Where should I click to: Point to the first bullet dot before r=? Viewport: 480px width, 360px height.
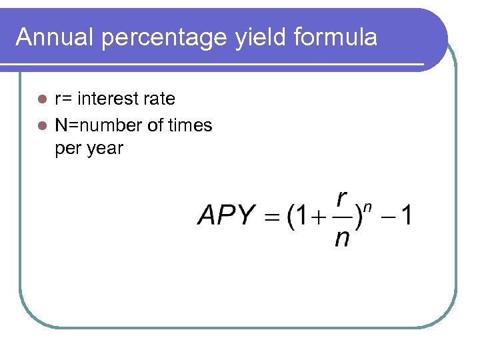click(42, 99)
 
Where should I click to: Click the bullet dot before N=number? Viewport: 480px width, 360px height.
click(42, 125)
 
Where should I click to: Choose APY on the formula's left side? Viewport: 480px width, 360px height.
click(227, 215)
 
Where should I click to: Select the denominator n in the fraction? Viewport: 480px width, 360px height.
click(342, 237)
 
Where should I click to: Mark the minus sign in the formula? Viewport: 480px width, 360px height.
click(387, 216)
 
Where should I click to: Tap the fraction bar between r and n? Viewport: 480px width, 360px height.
click(342, 217)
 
